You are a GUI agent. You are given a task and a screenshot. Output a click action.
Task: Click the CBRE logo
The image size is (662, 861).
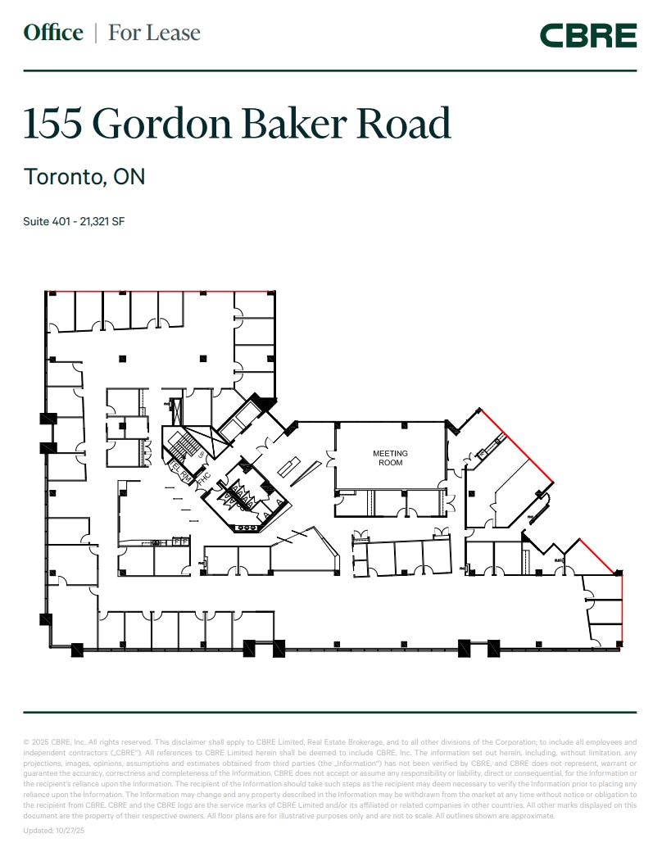587,35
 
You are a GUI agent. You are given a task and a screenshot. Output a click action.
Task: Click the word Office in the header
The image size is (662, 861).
53,33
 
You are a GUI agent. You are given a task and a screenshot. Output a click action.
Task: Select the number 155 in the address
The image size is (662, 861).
53,123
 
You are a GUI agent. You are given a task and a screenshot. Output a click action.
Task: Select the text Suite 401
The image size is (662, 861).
47,221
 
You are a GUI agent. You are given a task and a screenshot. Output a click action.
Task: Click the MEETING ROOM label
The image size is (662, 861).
390,458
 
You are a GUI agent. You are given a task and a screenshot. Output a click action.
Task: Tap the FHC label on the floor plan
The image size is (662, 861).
205,475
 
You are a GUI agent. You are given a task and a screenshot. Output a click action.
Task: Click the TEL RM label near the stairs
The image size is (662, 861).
179,471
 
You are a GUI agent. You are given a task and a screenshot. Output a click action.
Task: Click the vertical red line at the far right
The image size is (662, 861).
622,606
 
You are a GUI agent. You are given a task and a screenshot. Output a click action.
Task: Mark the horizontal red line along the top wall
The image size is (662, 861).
160,291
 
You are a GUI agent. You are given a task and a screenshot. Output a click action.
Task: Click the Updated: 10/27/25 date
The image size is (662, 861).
53,830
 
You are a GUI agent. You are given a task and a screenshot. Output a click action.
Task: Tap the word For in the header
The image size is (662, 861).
124,33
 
